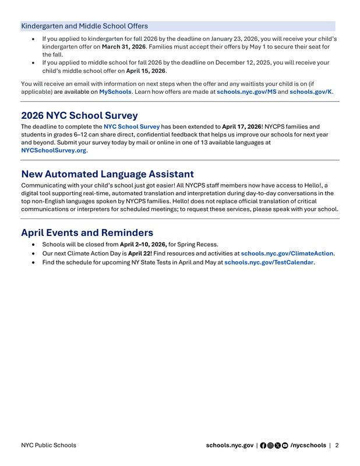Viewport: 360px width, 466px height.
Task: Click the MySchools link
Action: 115,92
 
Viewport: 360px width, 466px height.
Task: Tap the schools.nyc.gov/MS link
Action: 246,92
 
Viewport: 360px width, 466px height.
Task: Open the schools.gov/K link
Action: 311,92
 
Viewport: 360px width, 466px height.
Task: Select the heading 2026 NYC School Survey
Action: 79,115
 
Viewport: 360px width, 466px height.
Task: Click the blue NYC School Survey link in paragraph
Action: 132,126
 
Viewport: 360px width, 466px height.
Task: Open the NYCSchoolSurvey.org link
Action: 54,150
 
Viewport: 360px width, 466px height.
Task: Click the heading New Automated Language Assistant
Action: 107,174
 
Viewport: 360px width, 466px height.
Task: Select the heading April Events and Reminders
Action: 87,232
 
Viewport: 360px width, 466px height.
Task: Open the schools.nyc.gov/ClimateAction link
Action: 287,253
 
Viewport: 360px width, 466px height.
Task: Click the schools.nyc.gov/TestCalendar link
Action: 269,263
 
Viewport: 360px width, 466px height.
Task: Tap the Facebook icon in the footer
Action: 263,446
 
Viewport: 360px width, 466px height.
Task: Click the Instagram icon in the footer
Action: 271,446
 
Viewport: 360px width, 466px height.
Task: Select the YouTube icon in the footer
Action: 285,446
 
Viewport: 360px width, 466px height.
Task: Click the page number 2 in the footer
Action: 337,446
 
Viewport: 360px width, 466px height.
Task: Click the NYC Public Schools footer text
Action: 48,446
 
